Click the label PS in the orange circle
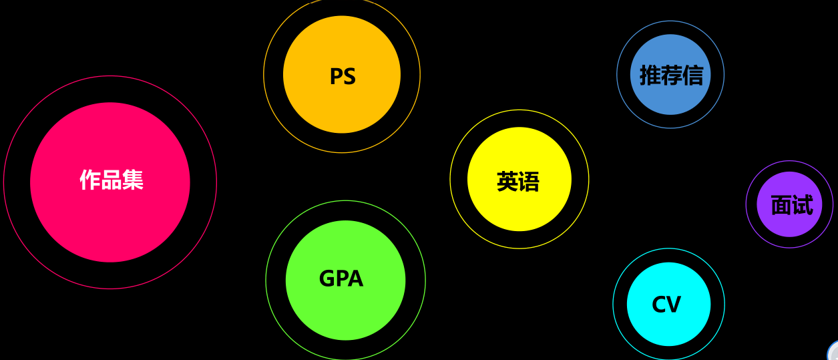[x=343, y=76]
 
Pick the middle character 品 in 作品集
[x=112, y=180]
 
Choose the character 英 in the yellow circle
[x=507, y=182]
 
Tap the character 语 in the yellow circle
[x=529, y=182]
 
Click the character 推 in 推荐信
[x=650, y=75]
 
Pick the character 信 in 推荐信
[x=692, y=75]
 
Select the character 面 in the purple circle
[x=781, y=205]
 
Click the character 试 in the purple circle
[x=803, y=205]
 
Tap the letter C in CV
[x=658, y=305]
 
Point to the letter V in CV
[x=674, y=305]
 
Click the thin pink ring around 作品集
[x=4, y=182]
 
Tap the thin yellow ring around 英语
[x=451, y=179]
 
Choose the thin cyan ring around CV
[x=614, y=305]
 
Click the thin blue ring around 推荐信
[x=617, y=75]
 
